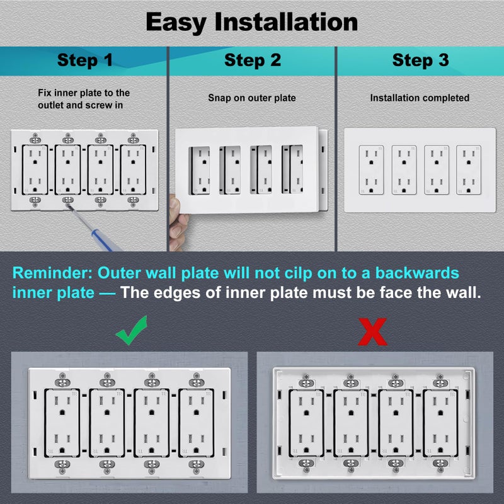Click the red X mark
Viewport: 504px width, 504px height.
[x=372, y=331]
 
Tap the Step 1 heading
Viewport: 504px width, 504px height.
[x=84, y=60]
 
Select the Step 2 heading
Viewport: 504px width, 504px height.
[x=253, y=60]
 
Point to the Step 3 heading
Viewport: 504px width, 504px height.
[x=420, y=60]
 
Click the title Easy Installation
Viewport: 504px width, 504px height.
[x=252, y=22]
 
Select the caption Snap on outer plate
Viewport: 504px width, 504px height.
[x=252, y=98]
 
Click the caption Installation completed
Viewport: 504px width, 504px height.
[x=420, y=98]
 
